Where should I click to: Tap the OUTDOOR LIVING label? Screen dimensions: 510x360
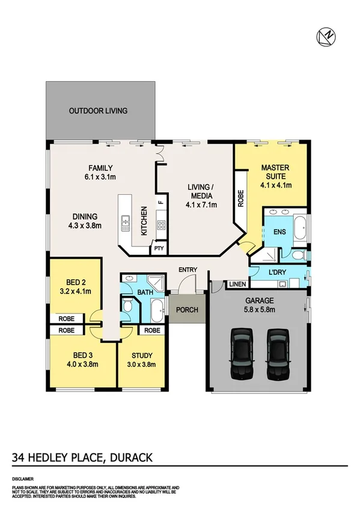pyautogui.click(x=98, y=111)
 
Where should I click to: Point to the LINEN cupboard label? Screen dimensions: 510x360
pyautogui.click(x=235, y=284)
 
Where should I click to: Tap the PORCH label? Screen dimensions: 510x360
pyautogui.click(x=187, y=310)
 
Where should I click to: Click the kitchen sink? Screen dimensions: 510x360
pyautogui.click(x=125, y=224)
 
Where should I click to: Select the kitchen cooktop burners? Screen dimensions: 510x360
pyautogui.click(x=161, y=226)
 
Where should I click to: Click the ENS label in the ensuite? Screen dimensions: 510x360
pyautogui.click(x=279, y=232)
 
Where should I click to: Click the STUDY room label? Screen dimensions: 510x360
pyautogui.click(x=141, y=355)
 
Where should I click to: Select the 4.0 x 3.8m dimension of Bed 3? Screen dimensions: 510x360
pyautogui.click(x=82, y=364)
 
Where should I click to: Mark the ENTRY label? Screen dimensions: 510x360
pyautogui.click(x=188, y=269)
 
